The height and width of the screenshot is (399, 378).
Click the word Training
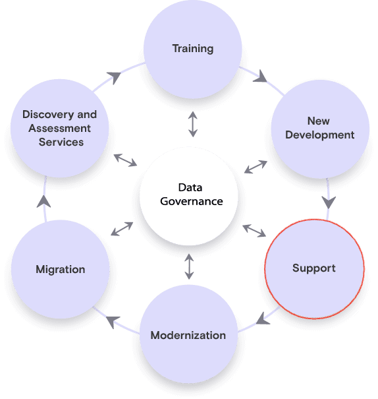[x=193, y=49]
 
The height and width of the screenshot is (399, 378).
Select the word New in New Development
[x=319, y=121]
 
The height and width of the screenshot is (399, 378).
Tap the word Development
[x=320, y=135]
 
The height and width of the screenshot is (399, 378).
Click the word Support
[x=314, y=268]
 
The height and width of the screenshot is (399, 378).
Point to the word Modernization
[x=188, y=335]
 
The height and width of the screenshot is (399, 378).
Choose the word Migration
[x=61, y=270]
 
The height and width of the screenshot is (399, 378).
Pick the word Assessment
[x=60, y=128]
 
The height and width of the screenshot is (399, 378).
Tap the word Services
[x=61, y=142]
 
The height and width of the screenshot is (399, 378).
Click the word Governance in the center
[x=192, y=202]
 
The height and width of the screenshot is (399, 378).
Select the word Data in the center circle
[x=190, y=187]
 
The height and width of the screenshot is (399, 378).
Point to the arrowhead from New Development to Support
[x=329, y=202]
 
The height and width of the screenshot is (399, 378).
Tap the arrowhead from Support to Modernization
[x=262, y=319]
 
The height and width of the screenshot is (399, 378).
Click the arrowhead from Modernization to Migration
[x=113, y=322]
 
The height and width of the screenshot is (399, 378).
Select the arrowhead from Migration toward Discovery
[x=44, y=201]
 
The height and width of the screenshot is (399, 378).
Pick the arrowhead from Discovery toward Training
[x=114, y=77]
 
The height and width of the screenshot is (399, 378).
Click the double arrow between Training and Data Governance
[x=193, y=124]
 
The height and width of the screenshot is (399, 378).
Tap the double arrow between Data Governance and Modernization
[x=189, y=266]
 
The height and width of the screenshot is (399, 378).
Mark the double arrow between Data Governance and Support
[x=254, y=231]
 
